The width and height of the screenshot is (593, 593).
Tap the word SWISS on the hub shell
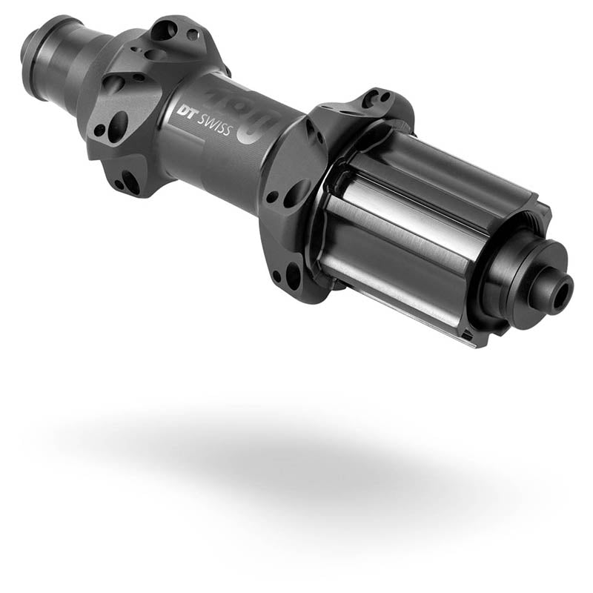click(213, 127)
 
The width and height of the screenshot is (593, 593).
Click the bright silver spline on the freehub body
click(400, 222)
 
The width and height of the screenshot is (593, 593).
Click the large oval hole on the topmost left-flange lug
click(165, 30)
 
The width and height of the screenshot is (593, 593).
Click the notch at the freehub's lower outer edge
click(466, 339)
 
